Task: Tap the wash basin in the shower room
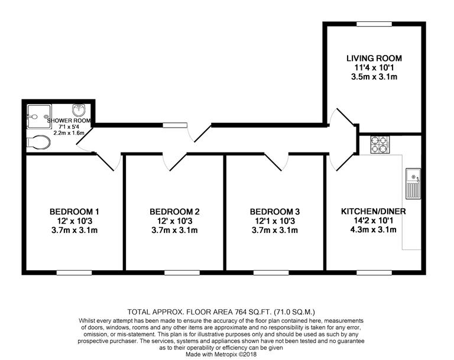[78, 111]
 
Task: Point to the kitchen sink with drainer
[413, 183]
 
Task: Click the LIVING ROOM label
[374, 59]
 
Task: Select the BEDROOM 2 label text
[174, 212]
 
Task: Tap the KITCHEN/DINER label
[374, 211]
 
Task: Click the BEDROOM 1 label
[74, 212]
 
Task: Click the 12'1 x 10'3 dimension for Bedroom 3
[275, 221]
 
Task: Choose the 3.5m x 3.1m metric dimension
[374, 77]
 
